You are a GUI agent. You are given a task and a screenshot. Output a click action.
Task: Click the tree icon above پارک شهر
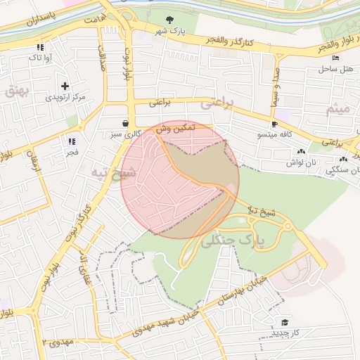(169, 20)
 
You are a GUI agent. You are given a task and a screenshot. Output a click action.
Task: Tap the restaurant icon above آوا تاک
(40, 48)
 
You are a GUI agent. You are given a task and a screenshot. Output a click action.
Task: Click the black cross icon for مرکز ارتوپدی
(65, 86)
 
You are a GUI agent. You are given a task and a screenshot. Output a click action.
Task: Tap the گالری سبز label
(125, 133)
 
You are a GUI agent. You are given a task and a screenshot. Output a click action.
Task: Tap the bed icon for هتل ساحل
(335, 58)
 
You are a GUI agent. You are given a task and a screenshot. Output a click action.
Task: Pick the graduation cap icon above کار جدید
(285, 321)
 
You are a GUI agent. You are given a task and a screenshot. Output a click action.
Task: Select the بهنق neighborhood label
(15, 90)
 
